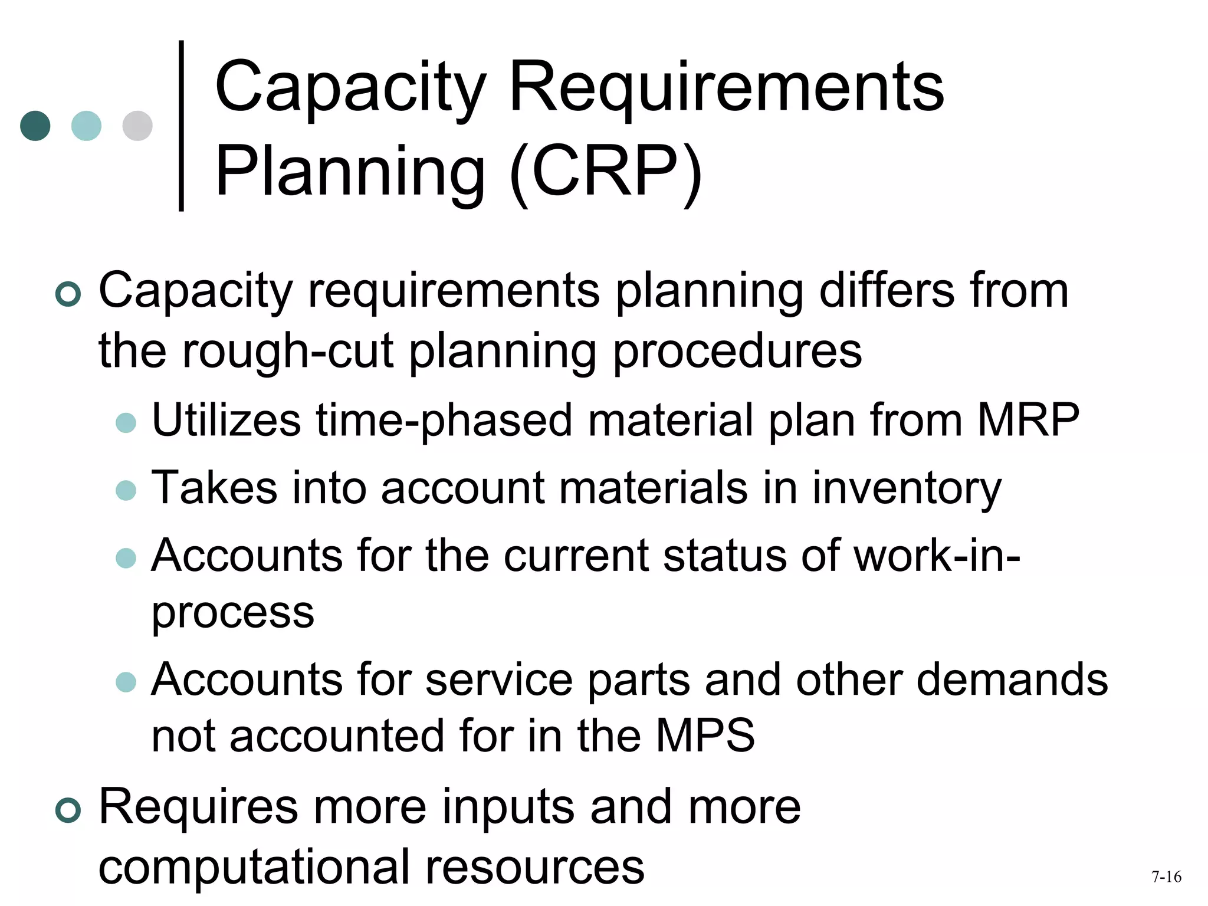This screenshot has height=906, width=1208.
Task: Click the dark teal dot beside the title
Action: [x=35, y=126]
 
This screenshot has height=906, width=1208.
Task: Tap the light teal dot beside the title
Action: [x=86, y=126]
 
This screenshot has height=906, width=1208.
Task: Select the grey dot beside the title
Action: [x=137, y=126]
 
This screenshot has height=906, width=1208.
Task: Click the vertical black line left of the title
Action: [x=181, y=126]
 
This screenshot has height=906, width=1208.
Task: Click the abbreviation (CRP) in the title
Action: [x=606, y=172]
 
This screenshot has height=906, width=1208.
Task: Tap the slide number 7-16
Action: [x=1166, y=877]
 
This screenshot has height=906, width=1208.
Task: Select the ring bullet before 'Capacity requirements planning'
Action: [x=68, y=294]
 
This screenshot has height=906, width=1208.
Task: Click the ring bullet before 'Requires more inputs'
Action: [x=68, y=810]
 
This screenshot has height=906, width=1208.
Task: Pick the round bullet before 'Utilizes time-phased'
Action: [x=126, y=423]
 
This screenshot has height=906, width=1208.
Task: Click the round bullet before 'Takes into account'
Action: [x=126, y=490]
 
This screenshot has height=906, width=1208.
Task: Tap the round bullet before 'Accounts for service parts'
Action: [x=126, y=682]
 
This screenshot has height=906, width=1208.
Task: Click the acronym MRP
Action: [x=1028, y=420]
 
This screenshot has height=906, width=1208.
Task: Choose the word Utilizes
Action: [x=226, y=420]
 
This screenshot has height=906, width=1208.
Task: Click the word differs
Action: [x=886, y=290]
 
